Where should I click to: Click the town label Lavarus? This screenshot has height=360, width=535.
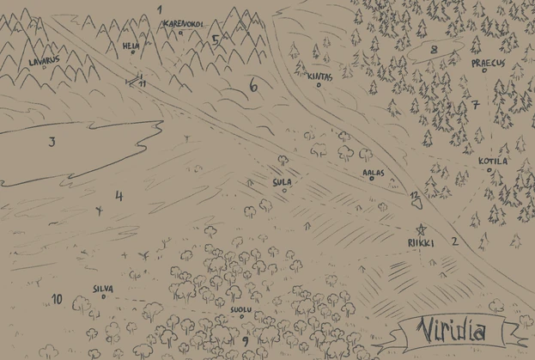[x=44, y=61]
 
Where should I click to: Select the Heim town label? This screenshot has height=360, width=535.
[x=131, y=45]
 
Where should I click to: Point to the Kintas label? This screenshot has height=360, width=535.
[x=319, y=76]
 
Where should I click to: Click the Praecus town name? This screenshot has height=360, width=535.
[x=485, y=64]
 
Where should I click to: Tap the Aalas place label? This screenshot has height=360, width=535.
[x=374, y=172]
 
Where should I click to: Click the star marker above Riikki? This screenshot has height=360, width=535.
[x=421, y=229]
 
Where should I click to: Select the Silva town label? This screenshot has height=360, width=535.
[x=103, y=290]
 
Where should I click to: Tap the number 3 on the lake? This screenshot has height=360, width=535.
[x=52, y=142]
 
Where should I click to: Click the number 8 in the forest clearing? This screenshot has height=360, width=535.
[x=434, y=50]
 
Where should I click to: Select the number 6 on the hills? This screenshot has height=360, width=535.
[x=252, y=86]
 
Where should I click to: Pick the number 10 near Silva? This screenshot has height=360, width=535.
[x=57, y=299]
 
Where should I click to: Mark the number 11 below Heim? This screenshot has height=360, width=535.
[x=142, y=83]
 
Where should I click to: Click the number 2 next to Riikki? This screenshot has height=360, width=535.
[x=454, y=241]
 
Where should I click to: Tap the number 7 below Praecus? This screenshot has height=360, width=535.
[x=474, y=105]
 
